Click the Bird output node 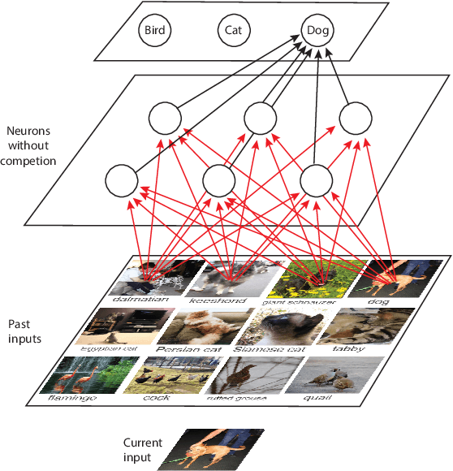point(154,31)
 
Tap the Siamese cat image point(276,326)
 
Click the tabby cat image point(354,326)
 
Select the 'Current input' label point(142,450)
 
